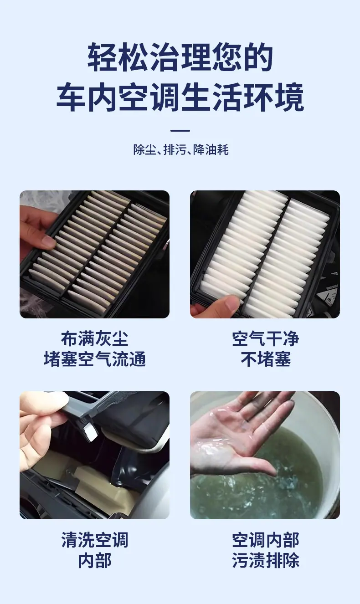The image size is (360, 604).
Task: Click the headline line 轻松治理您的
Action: pos(180,57)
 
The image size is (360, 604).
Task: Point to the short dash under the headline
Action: pos(180,131)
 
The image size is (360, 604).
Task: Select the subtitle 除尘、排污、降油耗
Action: pos(181,150)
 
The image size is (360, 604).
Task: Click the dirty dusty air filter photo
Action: pos(95,254)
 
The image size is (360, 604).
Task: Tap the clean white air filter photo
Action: pos(265,254)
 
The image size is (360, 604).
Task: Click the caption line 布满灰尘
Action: pos(94,339)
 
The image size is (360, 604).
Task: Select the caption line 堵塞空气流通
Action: pos(95,359)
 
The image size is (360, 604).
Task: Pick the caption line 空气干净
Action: pos(265,339)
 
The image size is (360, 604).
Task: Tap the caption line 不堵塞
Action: pos(266,359)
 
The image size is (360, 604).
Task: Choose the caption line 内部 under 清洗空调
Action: pos(95,561)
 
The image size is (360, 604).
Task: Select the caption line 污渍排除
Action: pos(265,561)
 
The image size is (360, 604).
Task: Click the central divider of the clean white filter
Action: pos(267,252)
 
